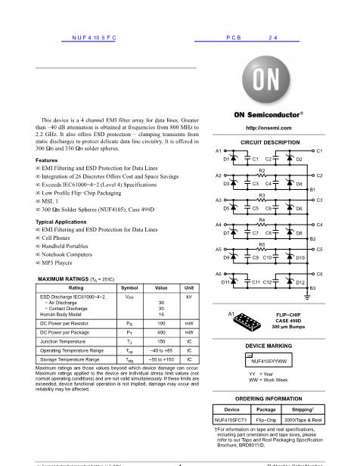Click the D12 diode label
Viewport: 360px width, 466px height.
pos(300,282)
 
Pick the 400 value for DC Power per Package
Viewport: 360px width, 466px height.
pos(161,332)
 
